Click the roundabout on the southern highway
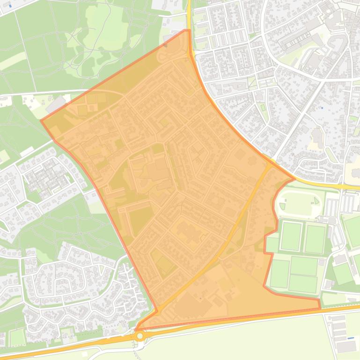click(140, 336)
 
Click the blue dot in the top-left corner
click(10, 6)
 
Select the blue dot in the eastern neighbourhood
click(322, 108)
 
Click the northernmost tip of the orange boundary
click(188, 30)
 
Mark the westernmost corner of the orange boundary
click(41, 121)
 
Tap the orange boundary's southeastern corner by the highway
click(320, 308)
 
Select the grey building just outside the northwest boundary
click(56, 104)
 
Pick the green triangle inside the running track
click(317, 201)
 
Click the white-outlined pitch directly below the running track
click(291, 237)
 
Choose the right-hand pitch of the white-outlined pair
click(315, 239)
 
